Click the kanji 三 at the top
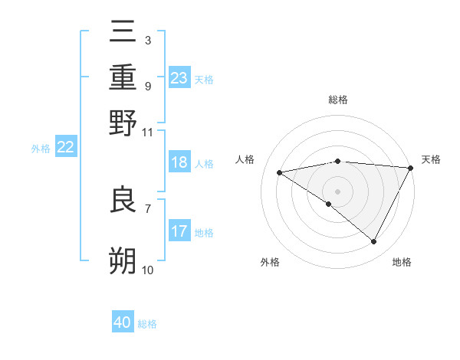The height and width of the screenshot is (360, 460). point(123,34)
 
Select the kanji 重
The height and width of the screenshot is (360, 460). point(123,78)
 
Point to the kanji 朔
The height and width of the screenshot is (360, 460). point(123,260)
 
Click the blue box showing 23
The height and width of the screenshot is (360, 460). point(179,77)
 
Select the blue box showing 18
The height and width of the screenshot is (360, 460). point(179,162)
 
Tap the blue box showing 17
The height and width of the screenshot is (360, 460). point(179,231)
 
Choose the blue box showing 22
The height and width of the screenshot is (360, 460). point(65,148)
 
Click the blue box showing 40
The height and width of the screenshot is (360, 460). point(123,322)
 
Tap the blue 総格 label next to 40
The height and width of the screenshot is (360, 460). point(147,324)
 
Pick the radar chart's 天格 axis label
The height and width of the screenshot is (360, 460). point(431,159)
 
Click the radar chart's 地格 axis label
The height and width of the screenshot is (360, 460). point(402,262)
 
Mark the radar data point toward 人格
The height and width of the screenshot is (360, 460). point(279,172)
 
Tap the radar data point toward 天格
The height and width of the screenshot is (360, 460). point(410,168)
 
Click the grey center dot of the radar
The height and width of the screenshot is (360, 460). point(337,191)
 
